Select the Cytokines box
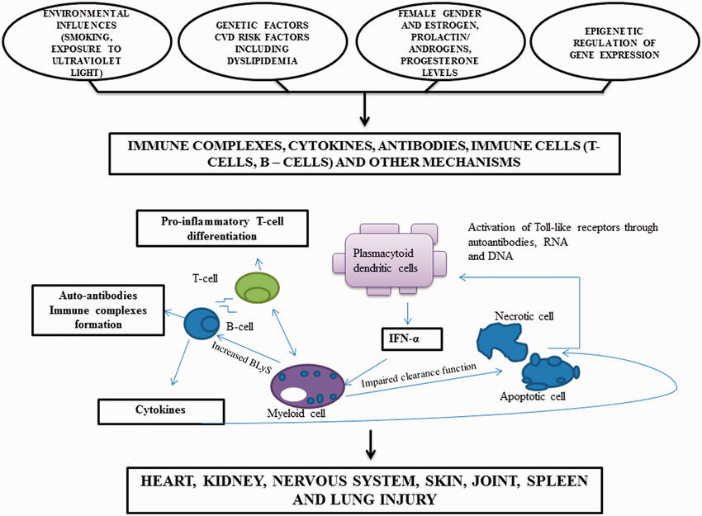tap(161, 409)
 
